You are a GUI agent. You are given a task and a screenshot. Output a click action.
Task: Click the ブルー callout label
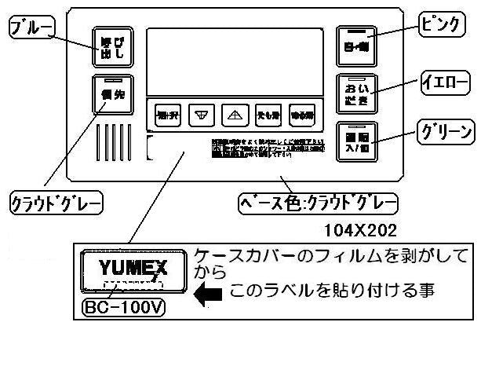[x=29, y=29]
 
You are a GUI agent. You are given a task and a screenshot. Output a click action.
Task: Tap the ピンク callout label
[x=441, y=24]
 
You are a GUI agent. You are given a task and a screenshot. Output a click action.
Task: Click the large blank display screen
[x=235, y=63]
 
